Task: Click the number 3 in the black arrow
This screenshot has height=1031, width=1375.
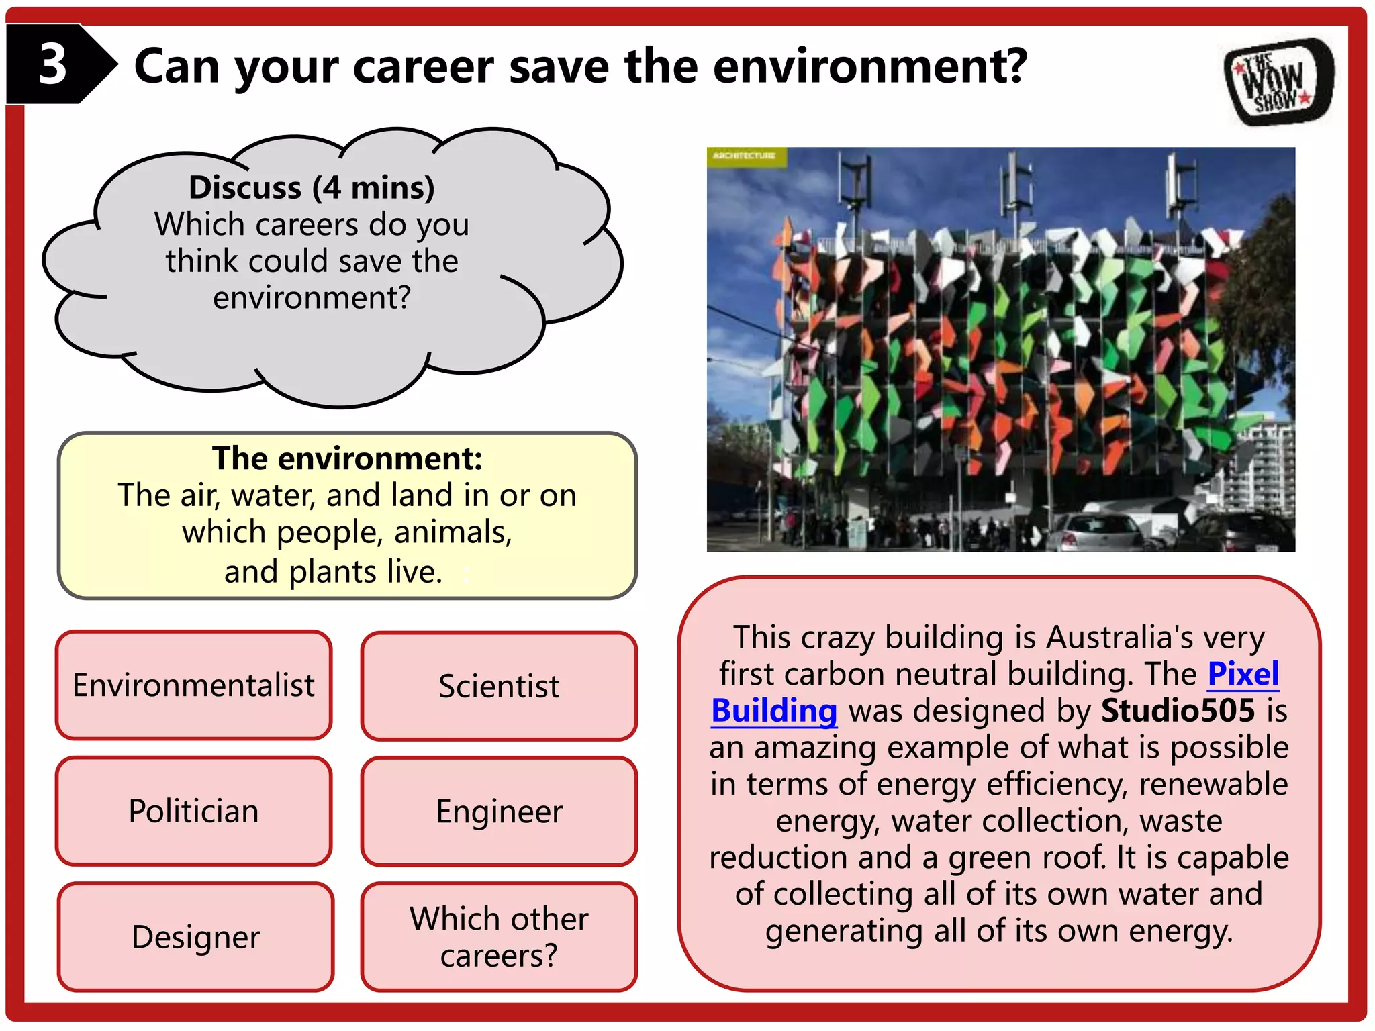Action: [x=52, y=64]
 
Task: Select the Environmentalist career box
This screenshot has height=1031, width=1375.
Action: [x=193, y=685]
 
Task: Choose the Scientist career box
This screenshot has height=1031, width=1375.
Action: [x=499, y=686]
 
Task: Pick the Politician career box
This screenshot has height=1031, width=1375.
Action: [x=193, y=811]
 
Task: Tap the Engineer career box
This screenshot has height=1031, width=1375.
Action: [x=499, y=811]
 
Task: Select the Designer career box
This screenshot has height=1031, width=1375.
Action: [x=195, y=936]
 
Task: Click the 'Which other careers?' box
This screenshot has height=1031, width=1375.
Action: [x=499, y=936]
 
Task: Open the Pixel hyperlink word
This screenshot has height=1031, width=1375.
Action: [x=1243, y=674]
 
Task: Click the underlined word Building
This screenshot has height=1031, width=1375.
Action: [x=774, y=711]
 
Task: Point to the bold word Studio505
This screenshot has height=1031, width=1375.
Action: [x=1178, y=711]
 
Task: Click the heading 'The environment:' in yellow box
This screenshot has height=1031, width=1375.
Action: [x=347, y=458]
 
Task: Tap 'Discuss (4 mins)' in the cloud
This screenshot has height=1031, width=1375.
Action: [x=312, y=187]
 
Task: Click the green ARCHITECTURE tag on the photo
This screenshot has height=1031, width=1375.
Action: [x=745, y=156]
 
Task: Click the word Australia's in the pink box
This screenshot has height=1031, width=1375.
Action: [x=1119, y=637]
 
